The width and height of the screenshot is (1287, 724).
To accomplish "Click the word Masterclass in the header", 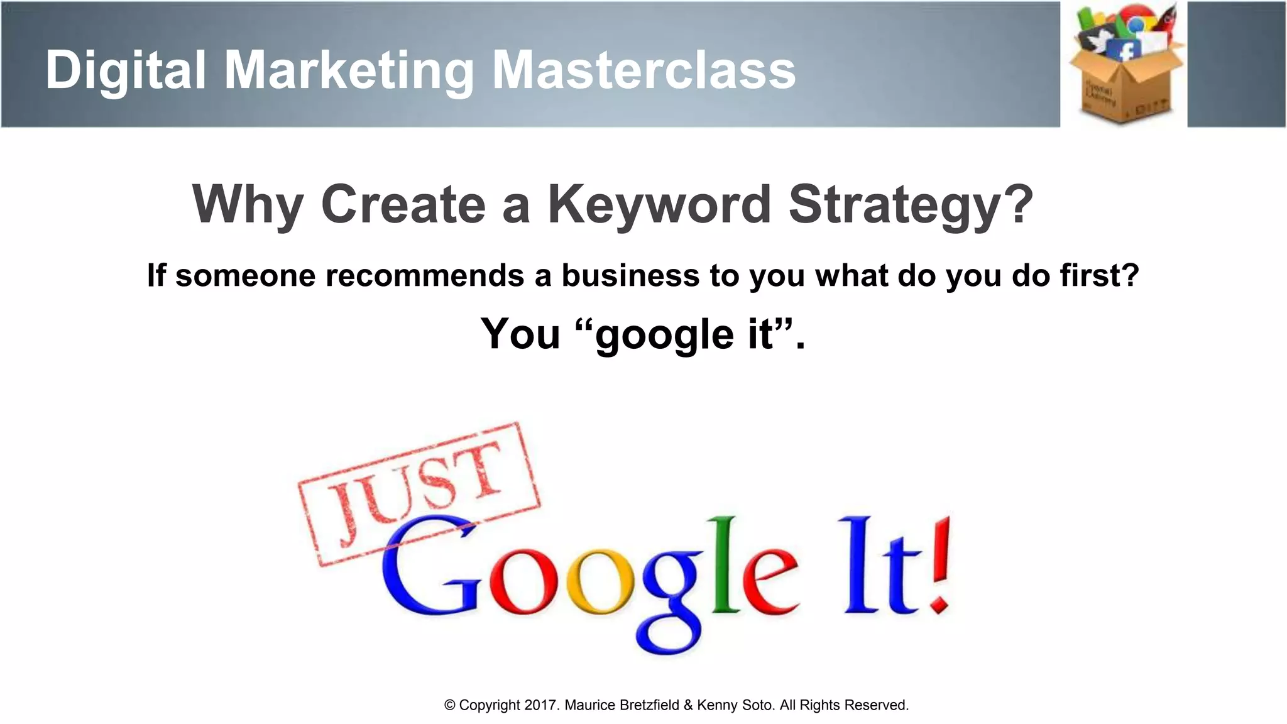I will point(643,70).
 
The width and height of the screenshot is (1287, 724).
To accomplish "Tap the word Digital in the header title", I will point(126,70).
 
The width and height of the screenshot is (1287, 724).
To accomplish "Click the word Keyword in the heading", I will point(659,204).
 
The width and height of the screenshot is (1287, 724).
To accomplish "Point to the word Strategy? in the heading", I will point(911,206).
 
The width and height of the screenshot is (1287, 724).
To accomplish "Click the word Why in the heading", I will point(248,206).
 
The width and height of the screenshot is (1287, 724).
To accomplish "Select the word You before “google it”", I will point(520,334).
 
